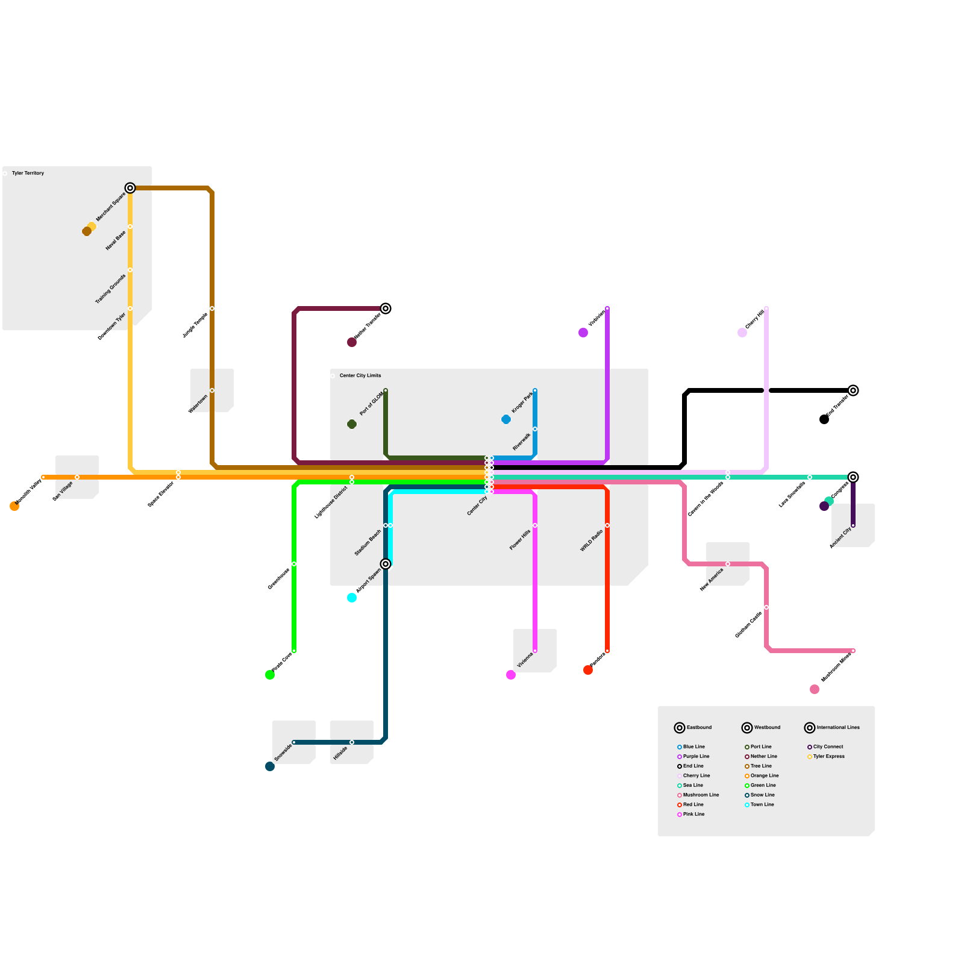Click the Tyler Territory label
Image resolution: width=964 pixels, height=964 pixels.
28,174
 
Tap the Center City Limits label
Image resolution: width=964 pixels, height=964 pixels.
360,376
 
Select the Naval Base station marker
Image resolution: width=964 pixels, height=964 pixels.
130,227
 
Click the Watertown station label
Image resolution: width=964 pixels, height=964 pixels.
198,404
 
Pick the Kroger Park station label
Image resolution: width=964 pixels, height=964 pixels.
522,402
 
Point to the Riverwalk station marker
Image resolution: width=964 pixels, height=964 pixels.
535,429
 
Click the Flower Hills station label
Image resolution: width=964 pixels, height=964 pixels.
520,540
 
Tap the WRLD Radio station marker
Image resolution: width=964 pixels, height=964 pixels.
607,525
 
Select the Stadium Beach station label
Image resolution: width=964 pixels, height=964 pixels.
368,543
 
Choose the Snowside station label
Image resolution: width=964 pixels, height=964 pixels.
283,753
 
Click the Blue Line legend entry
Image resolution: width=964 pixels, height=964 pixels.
693,747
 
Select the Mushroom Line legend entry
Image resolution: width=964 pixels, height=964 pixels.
701,795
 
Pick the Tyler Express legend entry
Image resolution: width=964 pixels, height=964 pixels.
828,757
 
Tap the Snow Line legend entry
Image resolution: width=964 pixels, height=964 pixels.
762,795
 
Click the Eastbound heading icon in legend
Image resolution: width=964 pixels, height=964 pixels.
680,728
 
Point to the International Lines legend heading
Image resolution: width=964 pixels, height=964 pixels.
838,728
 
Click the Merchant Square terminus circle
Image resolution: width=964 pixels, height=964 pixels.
130,188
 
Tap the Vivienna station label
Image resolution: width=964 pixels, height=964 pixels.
525,661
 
